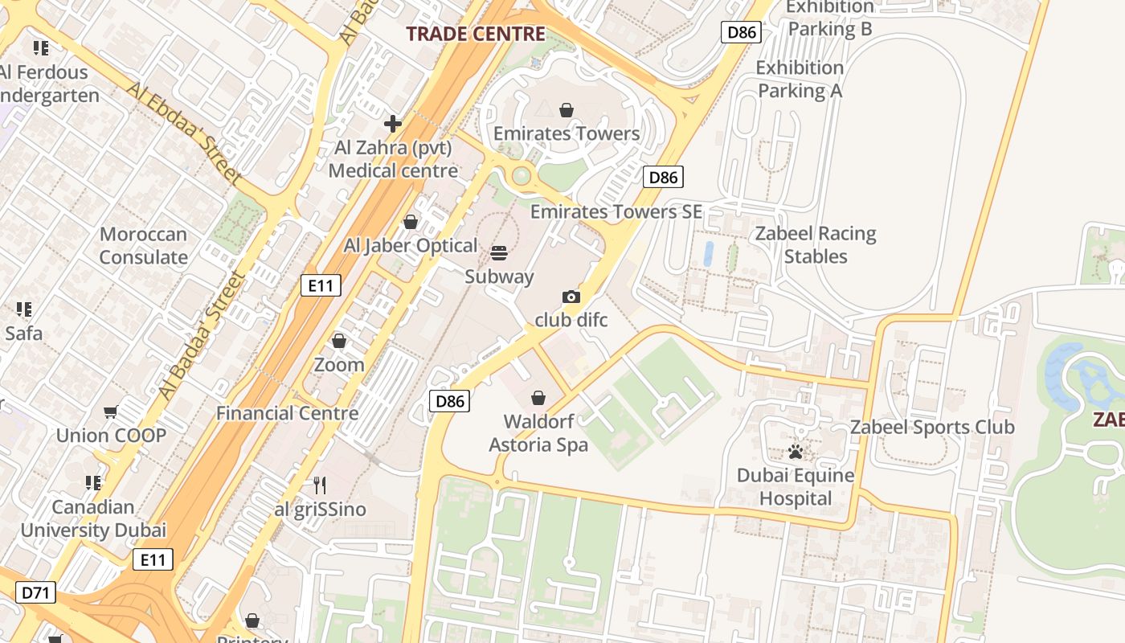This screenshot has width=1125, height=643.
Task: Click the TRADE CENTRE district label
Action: [476, 34]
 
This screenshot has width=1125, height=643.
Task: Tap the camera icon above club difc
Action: [571, 297]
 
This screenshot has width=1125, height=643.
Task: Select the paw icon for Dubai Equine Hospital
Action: [796, 452]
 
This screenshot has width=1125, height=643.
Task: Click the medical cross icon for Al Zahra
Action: [393, 124]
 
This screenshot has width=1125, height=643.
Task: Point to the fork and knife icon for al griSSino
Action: [320, 485]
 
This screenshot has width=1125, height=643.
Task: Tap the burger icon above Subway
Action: [499, 253]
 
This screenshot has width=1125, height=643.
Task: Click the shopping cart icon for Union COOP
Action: [111, 412]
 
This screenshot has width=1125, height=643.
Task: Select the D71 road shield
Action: [36, 593]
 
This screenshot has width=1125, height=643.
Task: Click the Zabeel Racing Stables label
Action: [816, 245]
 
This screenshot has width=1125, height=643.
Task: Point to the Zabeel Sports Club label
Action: [932, 428]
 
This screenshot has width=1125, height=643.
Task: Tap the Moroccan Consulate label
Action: [143, 246]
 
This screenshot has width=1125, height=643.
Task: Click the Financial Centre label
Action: [288, 413]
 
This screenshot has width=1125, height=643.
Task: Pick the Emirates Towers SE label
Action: [616, 212]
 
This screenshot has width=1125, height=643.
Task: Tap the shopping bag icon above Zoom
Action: [339, 342]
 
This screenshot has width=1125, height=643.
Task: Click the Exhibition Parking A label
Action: [800, 79]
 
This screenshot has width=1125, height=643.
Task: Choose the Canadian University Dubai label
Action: [93, 518]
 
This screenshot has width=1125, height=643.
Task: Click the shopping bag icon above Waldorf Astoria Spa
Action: [538, 398]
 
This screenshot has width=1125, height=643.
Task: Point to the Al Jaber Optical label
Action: [411, 246]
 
